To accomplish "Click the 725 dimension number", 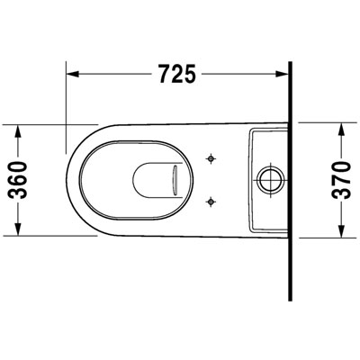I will pos(177,75).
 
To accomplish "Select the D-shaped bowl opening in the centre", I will pos(151,180).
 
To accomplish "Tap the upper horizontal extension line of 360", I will pos(54,122).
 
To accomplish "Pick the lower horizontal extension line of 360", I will pos(54,239).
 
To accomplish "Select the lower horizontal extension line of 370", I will pos(324,238).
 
